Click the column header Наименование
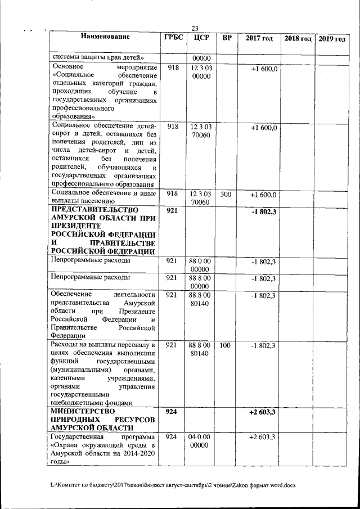pyautogui.click(x=105, y=38)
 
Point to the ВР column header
pyautogui.click(x=226, y=38)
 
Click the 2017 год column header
pyautogui.click(x=259, y=38)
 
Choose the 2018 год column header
pyautogui.click(x=298, y=38)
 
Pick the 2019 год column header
pyautogui.click(x=332, y=38)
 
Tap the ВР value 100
pyautogui.click(x=226, y=345)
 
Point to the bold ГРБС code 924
pyautogui.click(x=172, y=412)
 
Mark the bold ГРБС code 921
pyautogui.click(x=172, y=210)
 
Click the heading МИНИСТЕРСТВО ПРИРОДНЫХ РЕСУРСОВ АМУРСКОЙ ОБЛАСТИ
pyautogui.click(x=102, y=420)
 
